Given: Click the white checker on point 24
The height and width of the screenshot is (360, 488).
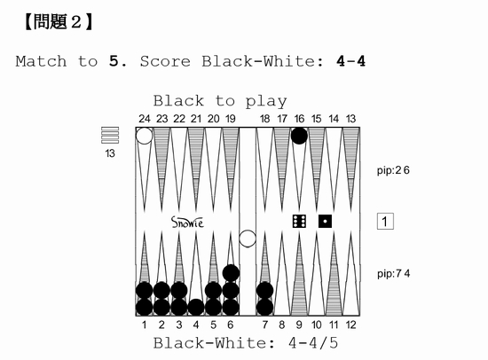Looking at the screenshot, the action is tap(144, 136).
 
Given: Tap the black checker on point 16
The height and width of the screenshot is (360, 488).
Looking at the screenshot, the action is tap(299, 136).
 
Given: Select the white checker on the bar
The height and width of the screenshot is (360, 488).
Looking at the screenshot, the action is tap(248, 239).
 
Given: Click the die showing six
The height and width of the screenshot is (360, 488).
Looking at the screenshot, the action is tap(299, 221).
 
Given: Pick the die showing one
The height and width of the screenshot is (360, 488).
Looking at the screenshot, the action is tap(325, 221).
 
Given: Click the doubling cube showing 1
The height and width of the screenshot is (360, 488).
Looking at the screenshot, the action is tap(385, 221).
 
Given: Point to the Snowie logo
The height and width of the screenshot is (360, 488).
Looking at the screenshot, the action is tap(187, 223).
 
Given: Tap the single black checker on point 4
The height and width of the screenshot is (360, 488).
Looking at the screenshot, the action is tap(196, 307).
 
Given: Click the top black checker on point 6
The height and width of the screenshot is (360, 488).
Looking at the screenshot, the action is tap(231, 273).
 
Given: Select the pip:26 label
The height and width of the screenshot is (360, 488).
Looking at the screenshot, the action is tap(393, 170).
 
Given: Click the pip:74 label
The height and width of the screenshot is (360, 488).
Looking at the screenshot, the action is tap(393, 273).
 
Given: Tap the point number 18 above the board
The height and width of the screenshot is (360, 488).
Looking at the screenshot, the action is tap(265, 119).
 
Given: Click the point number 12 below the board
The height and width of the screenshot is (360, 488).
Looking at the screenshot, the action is tap(350, 325).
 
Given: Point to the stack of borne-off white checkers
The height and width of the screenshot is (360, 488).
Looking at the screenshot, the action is tap(110, 135).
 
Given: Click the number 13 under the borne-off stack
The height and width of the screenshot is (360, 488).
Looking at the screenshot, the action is tap(110, 153).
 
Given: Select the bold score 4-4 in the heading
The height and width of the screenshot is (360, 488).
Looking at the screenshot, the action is tap(350, 61).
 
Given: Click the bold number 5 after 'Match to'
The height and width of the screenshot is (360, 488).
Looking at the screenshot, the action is tap(114, 61).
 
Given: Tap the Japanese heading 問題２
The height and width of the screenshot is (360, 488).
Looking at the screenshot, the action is tap(59, 22).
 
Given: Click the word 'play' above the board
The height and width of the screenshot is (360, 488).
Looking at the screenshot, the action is tap(266, 102).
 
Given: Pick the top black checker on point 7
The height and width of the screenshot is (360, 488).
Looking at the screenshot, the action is tap(265, 290).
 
